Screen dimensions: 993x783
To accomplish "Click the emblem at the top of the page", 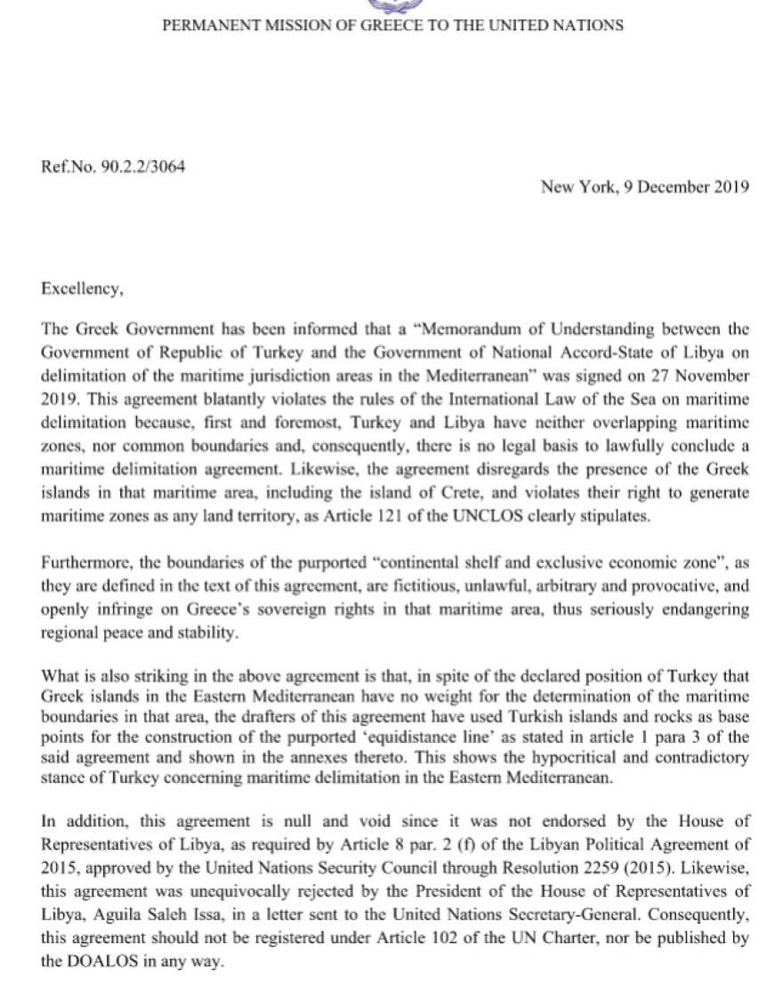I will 391,5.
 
